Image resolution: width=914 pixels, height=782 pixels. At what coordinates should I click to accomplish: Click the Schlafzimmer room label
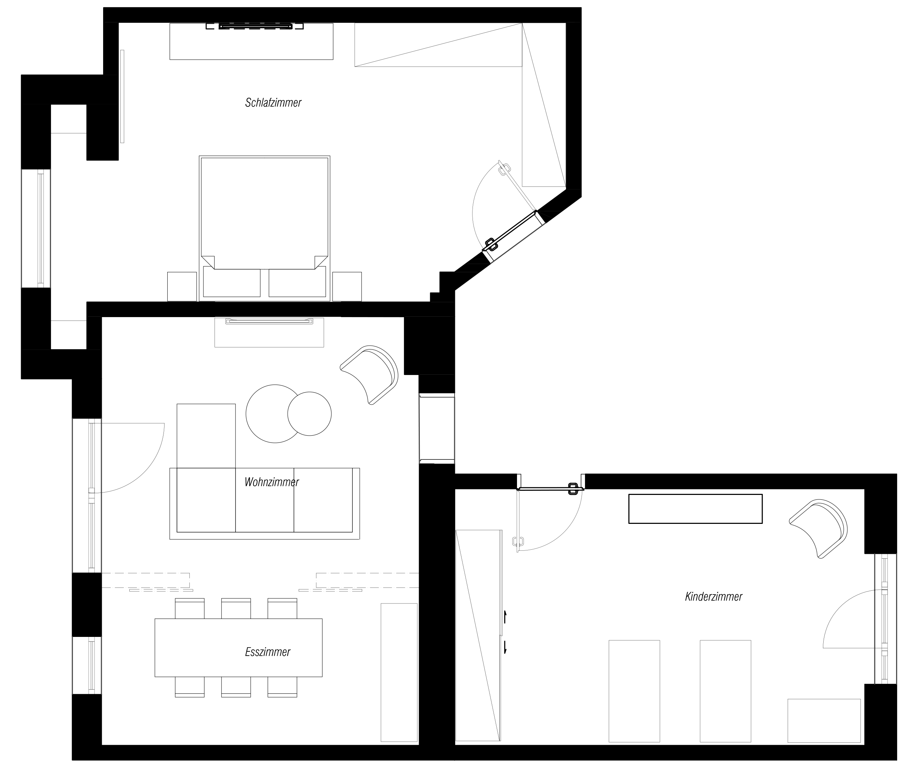point(273,103)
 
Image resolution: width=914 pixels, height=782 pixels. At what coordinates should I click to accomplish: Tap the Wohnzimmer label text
point(272,482)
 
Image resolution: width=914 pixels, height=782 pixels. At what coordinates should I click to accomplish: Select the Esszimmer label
point(268,652)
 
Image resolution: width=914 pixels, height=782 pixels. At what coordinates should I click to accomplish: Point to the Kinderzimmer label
point(713,597)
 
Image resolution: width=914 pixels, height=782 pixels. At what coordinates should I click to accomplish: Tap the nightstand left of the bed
point(182,286)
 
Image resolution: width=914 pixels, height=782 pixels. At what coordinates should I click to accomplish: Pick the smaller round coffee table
point(309,414)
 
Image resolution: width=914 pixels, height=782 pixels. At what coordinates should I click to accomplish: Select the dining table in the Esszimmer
point(238,648)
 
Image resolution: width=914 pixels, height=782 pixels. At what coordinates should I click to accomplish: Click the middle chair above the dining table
point(236,609)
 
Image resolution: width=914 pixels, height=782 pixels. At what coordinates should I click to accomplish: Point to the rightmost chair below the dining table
point(282,687)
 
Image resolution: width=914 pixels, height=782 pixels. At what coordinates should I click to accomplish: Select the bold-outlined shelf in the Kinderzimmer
point(695,509)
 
